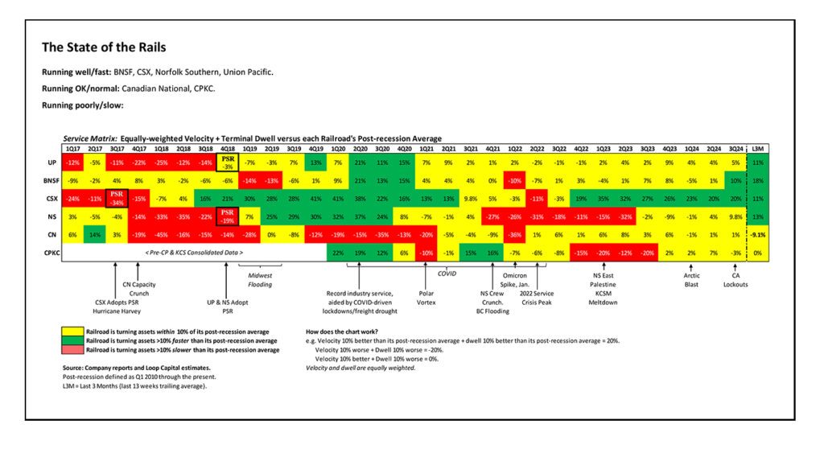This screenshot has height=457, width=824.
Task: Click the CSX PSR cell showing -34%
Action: coord(117,197)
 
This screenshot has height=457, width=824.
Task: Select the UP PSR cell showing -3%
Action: coord(227,163)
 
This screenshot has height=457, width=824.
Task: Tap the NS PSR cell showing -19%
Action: coord(227,216)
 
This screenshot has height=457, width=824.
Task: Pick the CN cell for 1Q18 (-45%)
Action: coord(161,234)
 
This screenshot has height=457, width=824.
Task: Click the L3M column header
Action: coord(756,148)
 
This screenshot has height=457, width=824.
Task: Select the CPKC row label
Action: coord(51,253)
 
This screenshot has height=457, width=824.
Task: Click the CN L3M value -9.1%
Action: coord(756,234)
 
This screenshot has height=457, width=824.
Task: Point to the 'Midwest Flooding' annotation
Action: coord(260,279)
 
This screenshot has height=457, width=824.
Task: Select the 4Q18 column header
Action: coord(227,148)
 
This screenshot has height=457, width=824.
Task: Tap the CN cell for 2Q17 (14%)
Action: coord(95,234)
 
